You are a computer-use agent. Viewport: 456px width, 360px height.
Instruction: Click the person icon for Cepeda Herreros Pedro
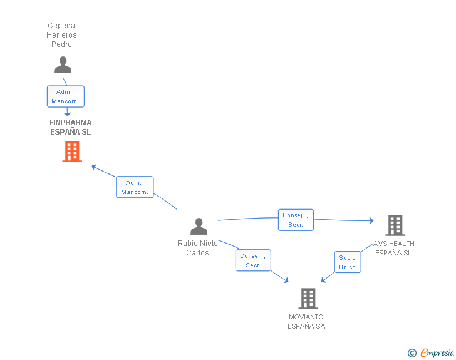[63, 65]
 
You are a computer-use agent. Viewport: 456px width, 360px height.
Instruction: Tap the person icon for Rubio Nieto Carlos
[199, 226]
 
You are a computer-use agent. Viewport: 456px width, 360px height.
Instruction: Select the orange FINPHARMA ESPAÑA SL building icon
[72, 152]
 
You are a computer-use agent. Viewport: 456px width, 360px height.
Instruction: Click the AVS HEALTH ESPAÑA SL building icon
[395, 225]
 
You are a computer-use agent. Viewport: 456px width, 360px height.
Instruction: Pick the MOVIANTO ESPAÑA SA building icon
[308, 299]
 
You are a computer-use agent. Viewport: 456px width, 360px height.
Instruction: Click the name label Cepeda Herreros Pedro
[62, 35]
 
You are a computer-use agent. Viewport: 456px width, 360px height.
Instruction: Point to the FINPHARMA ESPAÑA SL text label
[71, 127]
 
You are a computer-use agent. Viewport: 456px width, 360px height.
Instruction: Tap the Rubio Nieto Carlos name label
[197, 248]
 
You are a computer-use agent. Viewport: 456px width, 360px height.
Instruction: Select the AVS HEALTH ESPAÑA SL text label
[393, 248]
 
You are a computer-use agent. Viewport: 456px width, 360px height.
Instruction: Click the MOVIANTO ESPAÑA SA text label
[306, 321]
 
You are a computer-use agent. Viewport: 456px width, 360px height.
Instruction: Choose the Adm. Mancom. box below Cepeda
[65, 96]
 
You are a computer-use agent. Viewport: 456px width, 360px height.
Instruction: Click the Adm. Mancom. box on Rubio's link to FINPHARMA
[135, 187]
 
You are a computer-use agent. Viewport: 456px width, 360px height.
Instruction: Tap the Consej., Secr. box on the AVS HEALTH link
[296, 220]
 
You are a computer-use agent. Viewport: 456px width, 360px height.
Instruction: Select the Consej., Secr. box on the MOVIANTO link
[253, 260]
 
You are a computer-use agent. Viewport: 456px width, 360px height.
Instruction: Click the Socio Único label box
[347, 262]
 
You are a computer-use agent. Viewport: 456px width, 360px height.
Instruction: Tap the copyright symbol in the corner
[412, 353]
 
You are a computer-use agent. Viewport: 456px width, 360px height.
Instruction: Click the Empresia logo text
[437, 352]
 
